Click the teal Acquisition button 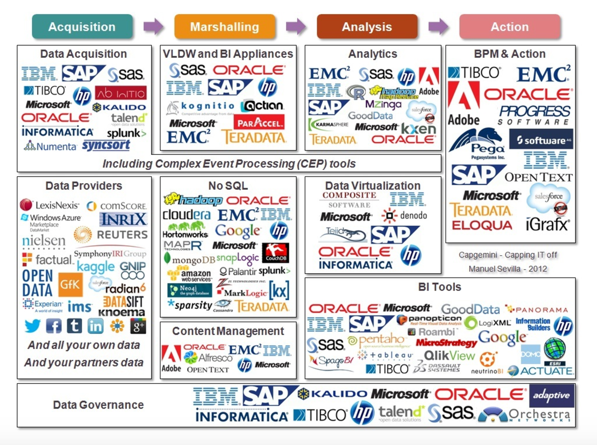(82, 27)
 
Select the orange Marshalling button (224, 27)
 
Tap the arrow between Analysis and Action (438, 27)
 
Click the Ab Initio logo (120, 93)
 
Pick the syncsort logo (106, 145)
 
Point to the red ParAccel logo (259, 122)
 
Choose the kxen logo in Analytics (418, 129)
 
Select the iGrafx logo (547, 224)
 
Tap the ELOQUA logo (482, 225)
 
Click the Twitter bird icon (33, 326)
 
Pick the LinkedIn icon (95, 326)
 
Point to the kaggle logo (95, 267)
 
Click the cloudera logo (186, 215)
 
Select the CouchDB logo (275, 252)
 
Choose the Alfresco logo (209, 358)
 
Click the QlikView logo (449, 355)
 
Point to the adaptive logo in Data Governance (551, 395)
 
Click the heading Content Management (228, 331)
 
